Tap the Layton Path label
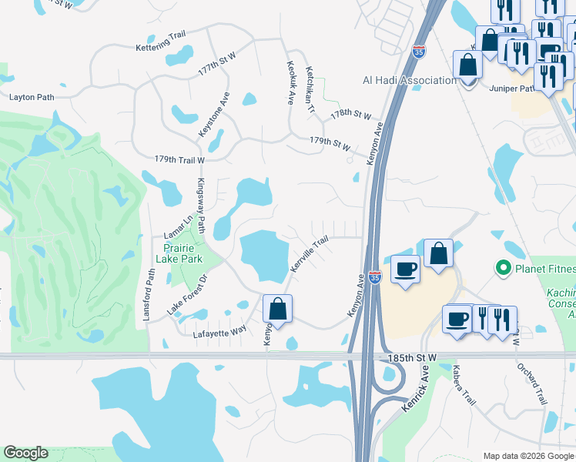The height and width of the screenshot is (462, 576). [x=32, y=98]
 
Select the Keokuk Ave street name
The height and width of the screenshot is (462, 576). [x=291, y=82]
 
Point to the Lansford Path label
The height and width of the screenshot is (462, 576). [x=151, y=284]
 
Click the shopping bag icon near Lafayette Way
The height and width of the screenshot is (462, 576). [x=278, y=310]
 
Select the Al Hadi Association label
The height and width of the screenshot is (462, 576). [x=410, y=80]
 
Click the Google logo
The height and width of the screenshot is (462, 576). [x=25, y=453]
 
